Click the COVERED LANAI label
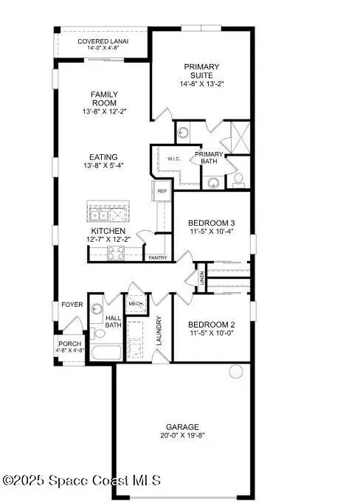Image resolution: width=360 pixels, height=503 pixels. [x=103, y=41]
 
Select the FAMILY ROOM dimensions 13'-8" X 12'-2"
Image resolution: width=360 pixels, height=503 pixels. [x=104, y=112]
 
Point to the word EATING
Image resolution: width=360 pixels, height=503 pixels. [x=104, y=156]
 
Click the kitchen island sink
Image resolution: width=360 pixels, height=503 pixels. [x=98, y=214]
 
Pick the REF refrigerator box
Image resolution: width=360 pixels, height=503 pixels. [x=163, y=191]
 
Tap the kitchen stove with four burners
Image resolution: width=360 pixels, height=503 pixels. [x=117, y=253]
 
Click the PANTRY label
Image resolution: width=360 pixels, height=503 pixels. [x=157, y=257]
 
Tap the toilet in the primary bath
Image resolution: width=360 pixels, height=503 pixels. [x=239, y=178]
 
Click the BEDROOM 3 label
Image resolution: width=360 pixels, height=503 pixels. [x=211, y=223]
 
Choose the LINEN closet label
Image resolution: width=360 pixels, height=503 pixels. [x=201, y=279]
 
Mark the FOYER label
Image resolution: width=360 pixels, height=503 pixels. [x=72, y=303]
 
